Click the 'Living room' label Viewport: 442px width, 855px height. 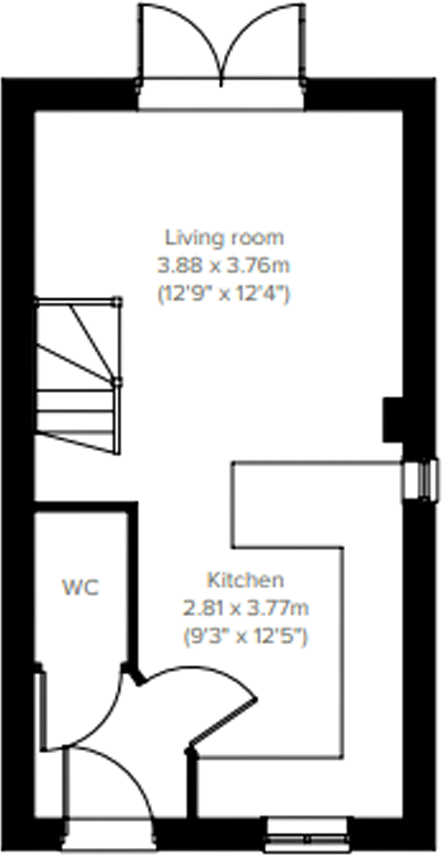pos(224,237)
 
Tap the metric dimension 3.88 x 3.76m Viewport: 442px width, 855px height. pos(223,266)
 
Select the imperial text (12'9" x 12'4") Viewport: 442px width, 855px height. pos(223,295)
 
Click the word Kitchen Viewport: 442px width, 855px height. pos(245,580)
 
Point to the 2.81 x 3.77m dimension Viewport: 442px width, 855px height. pos(245,608)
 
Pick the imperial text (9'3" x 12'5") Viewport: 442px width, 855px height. pos(245,637)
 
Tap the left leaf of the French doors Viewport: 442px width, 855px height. pos(178,39)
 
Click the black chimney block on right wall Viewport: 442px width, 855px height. pos(393,419)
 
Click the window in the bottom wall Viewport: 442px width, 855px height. pos(307,834)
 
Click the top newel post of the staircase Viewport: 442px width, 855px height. pos(118,300)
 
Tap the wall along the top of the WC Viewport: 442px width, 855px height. pos(84,507)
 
